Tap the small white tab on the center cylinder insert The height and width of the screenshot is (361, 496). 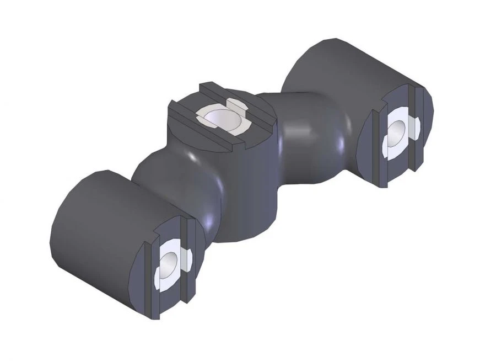(236, 105)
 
